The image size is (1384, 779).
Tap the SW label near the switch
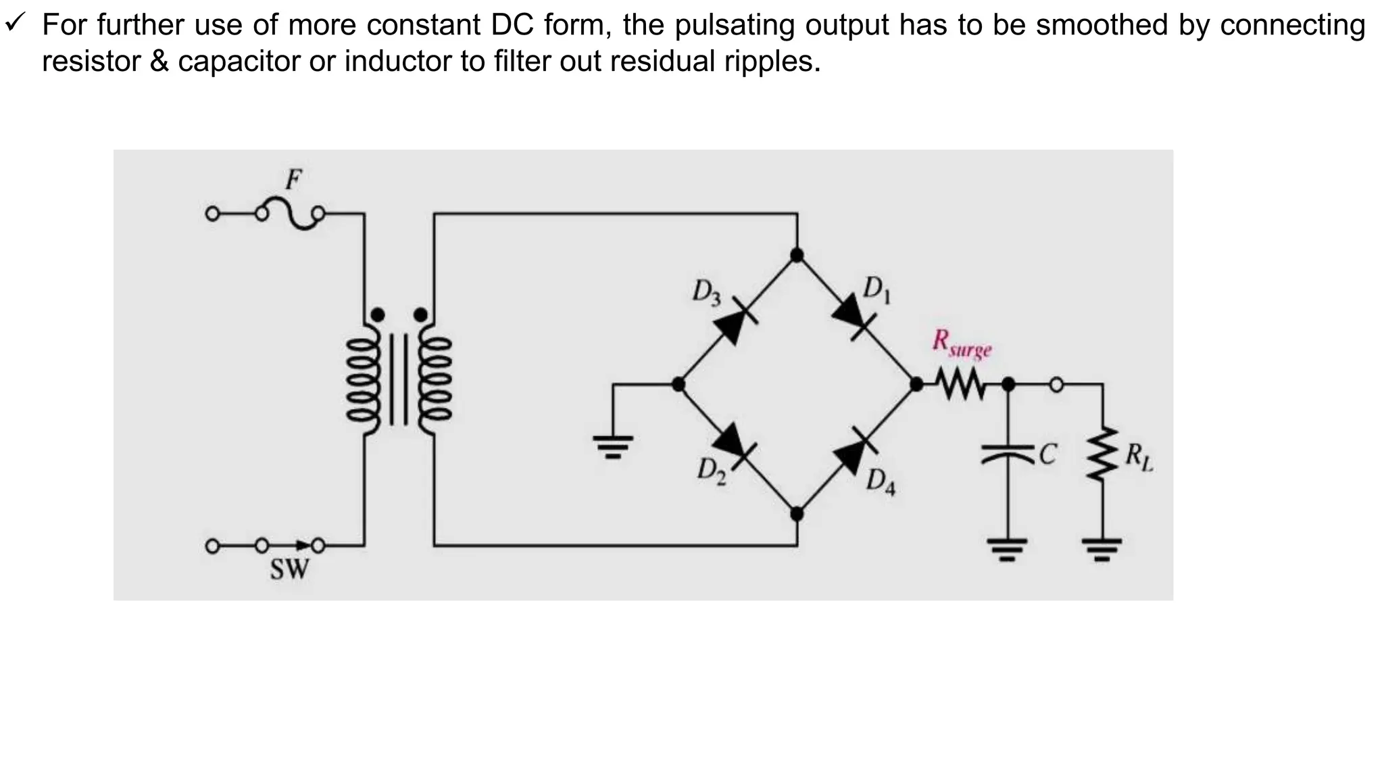pyautogui.click(x=289, y=569)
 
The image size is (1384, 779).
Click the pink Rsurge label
pyautogui.click(x=961, y=344)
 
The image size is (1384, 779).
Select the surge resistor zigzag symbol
pyautogui.click(x=962, y=385)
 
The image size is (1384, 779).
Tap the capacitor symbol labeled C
pyautogui.click(x=1008, y=454)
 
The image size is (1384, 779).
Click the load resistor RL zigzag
pyautogui.click(x=1103, y=454)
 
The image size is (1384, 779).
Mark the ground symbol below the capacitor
pyautogui.click(x=1007, y=548)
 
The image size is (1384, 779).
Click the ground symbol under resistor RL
pyautogui.click(x=1102, y=548)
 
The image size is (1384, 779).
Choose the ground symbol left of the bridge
pyautogui.click(x=613, y=446)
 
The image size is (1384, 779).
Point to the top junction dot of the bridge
pyautogui.click(x=797, y=255)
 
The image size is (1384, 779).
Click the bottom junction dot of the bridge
pyautogui.click(x=797, y=514)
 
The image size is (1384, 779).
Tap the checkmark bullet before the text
pyautogui.click(x=15, y=25)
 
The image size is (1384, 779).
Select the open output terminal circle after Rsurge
pyautogui.click(x=1056, y=385)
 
